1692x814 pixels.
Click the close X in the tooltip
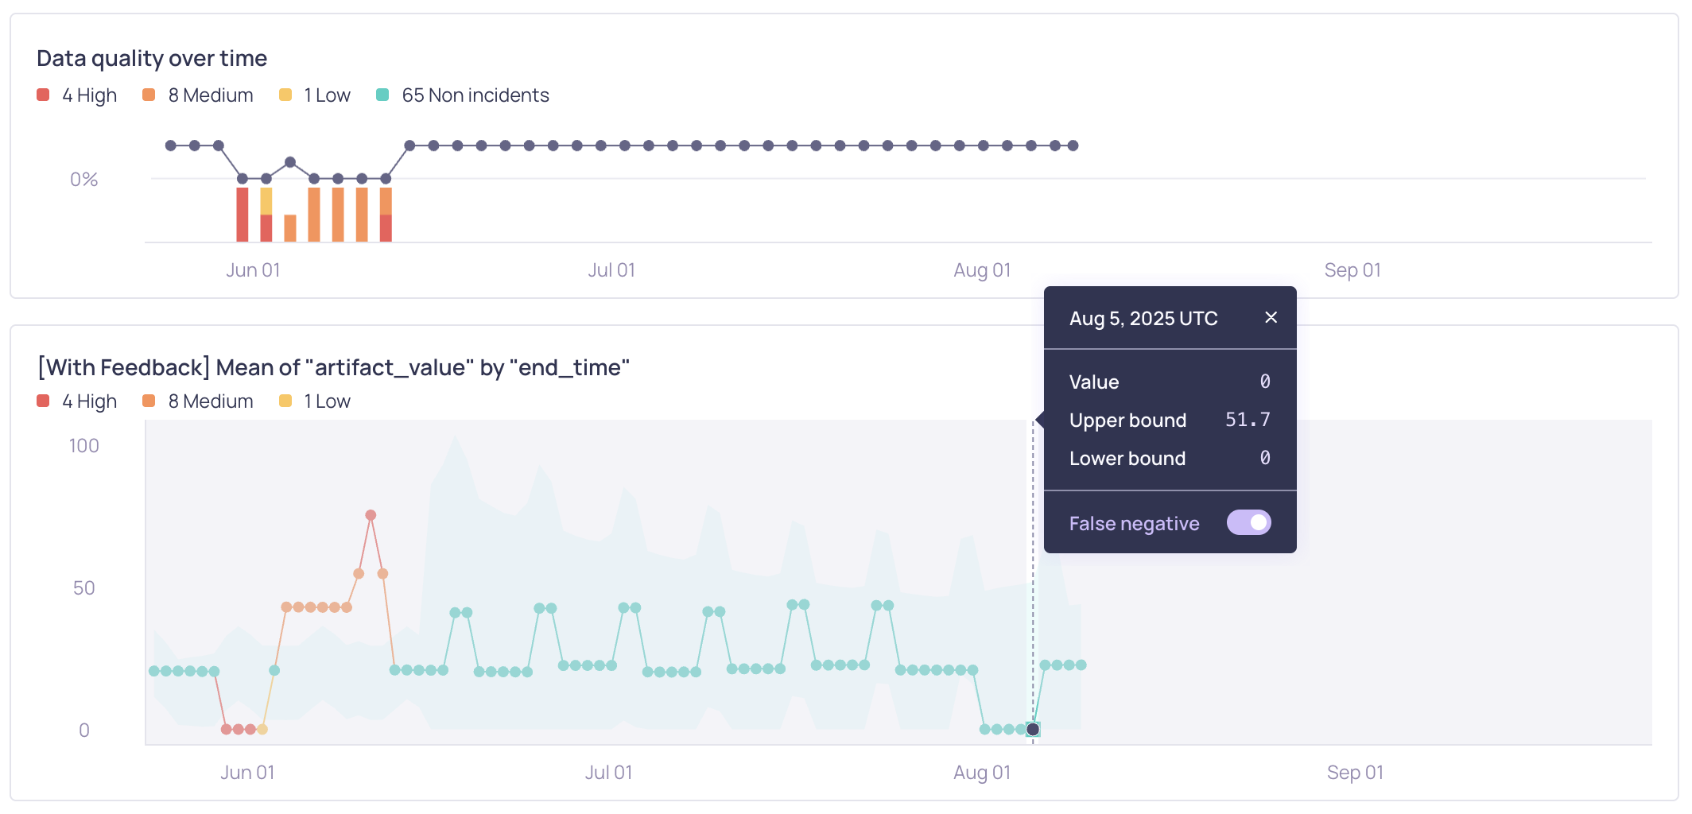tap(1271, 317)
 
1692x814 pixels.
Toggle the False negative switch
tap(1248, 522)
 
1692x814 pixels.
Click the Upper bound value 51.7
tap(1247, 420)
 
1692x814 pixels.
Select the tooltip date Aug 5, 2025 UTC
tap(1143, 319)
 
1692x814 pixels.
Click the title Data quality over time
tap(152, 58)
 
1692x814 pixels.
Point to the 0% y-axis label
tap(83, 180)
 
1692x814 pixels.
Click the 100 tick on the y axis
tap(83, 446)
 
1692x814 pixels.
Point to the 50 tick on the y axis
tap(83, 588)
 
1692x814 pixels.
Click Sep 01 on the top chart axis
tap(1352, 270)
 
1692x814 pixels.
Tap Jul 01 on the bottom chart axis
tap(608, 773)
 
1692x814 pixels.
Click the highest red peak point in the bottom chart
tap(371, 515)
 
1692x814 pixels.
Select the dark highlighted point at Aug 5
tap(1033, 729)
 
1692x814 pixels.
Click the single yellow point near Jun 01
tap(262, 729)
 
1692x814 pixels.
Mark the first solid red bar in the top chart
tap(243, 214)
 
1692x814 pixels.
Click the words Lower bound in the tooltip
tap(1127, 459)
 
